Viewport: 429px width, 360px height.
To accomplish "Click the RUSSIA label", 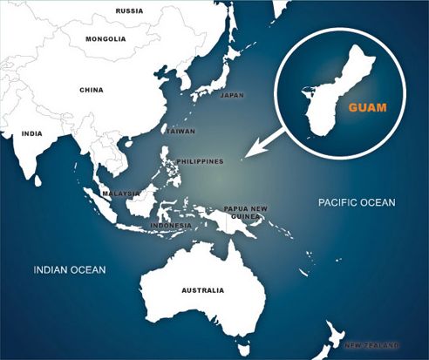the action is coord(129,11).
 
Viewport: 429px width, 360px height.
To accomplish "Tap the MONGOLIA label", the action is coord(106,39).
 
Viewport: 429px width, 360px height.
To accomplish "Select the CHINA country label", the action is coord(92,90).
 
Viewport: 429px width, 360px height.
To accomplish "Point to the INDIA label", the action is coord(31,133).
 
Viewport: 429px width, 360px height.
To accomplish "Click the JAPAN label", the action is coord(232,94).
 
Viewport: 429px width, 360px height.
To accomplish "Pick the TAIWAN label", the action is coord(180,130).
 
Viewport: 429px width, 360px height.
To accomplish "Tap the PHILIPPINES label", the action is coord(201,161).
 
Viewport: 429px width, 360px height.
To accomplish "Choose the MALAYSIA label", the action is coord(119,193).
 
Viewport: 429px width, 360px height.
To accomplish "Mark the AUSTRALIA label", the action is coord(201,290).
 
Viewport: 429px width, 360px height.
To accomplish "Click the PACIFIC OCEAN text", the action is coord(357,202).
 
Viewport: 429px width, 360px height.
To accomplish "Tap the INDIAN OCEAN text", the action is coord(69,270).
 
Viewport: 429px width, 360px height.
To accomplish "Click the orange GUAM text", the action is coord(367,110).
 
